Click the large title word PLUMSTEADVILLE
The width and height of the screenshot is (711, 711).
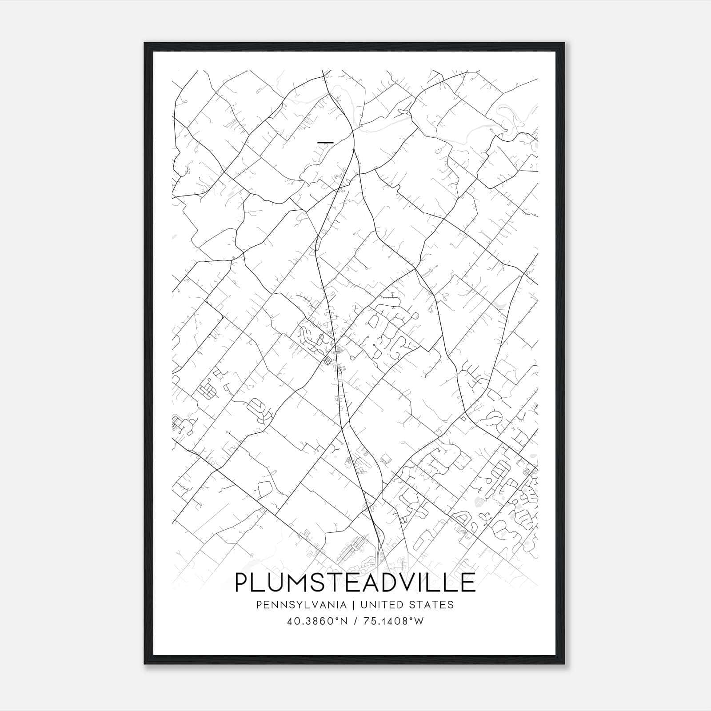click(355, 583)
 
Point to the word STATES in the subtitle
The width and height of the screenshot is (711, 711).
click(432, 605)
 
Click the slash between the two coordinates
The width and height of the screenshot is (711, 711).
click(356, 621)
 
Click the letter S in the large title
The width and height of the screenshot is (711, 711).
click(323, 583)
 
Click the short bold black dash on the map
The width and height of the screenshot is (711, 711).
click(326, 142)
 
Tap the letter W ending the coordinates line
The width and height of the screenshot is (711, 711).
click(419, 621)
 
